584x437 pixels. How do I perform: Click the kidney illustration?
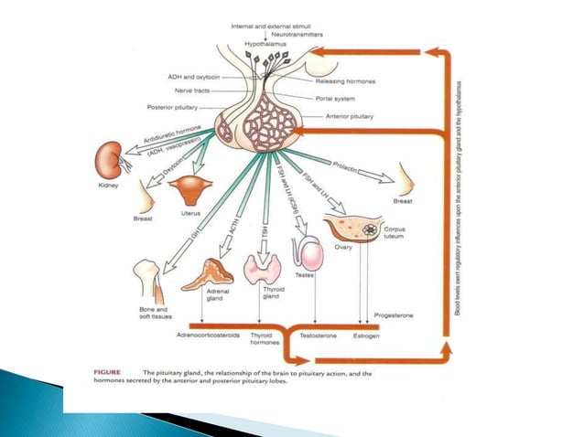coord(111,161)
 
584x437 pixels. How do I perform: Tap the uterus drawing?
coord(192,190)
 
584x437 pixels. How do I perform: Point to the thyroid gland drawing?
coord(263,268)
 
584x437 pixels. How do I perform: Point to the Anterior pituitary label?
coord(351,117)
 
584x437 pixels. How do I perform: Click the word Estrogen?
coord(365,336)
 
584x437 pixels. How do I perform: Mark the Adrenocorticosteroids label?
coord(207,336)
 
